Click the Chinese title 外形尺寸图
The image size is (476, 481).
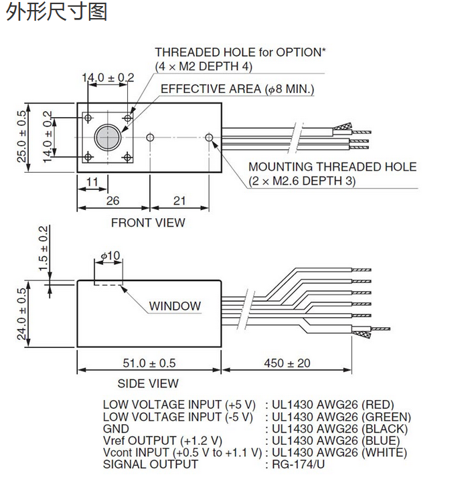pos(56,11)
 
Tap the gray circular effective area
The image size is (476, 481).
pos(107,137)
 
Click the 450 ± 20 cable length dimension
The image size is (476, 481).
pos(287,363)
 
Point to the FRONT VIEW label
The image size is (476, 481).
pos(148,222)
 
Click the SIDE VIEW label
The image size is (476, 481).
pos(148,383)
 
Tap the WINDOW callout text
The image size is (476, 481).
pos(175,306)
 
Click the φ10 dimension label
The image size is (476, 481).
pos(110,256)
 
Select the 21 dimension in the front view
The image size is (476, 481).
pos(179,201)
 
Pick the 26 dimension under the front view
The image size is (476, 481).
pos(112,201)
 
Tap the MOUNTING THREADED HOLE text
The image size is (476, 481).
pos(332,167)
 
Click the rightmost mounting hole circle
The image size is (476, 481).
pos(210,137)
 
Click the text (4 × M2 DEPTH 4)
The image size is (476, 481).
pos(204,66)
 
